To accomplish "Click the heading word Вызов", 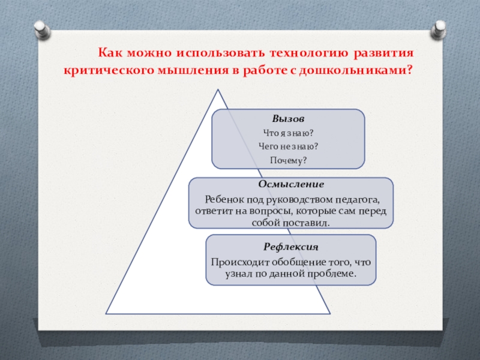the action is pyautogui.click(x=288, y=120).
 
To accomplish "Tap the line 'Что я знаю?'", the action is pyautogui.click(x=288, y=133).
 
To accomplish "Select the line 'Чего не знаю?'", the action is pyautogui.click(x=288, y=146).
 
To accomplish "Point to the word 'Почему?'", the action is pyautogui.click(x=288, y=160).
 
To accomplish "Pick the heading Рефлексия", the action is pyautogui.click(x=290, y=247).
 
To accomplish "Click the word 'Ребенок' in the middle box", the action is pyautogui.click(x=225, y=200).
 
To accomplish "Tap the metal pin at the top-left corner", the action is pyautogui.click(x=41, y=28).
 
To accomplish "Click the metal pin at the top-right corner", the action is pyautogui.click(x=440, y=28).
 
